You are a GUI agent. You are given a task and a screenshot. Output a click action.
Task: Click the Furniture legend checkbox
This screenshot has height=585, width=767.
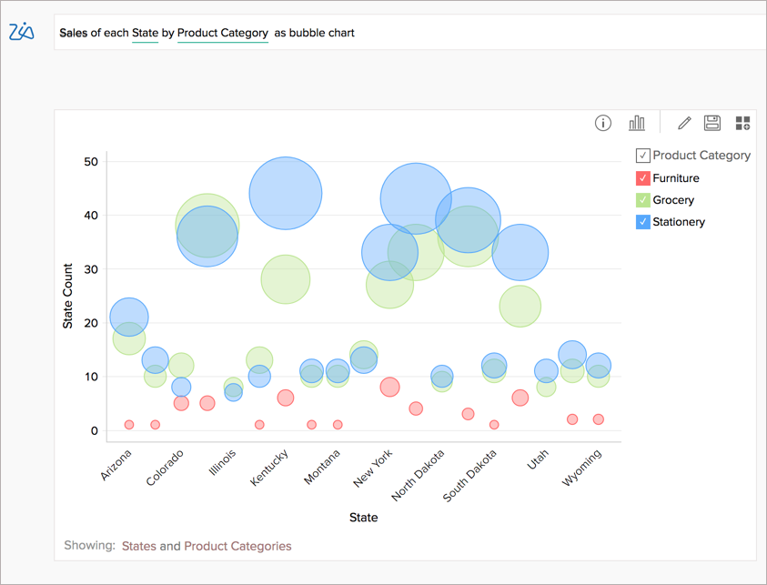642,178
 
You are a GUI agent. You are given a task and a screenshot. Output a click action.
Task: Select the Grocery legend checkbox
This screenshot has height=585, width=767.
642,200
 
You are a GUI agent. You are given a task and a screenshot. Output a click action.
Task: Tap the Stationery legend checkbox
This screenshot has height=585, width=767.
642,222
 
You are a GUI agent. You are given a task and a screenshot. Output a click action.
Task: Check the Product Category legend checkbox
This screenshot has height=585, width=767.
642,156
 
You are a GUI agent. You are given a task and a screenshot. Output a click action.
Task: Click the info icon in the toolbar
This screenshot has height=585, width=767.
602,124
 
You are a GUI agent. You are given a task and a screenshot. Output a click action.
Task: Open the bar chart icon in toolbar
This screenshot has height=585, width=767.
637,124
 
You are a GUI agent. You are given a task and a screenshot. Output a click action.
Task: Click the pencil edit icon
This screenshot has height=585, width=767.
684,124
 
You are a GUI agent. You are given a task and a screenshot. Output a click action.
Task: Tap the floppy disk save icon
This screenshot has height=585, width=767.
712,124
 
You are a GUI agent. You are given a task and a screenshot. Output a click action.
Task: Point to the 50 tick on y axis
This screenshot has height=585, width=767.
90,161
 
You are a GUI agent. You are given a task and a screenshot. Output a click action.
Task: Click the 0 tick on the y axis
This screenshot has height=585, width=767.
94,430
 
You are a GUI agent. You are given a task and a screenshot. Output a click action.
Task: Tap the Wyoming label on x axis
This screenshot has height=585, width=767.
582,468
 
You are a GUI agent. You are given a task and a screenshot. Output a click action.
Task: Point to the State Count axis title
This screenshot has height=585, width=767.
67,296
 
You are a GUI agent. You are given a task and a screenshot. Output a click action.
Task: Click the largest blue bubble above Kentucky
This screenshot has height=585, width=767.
285,193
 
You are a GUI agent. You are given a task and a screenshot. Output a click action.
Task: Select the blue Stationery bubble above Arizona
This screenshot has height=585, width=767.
129,317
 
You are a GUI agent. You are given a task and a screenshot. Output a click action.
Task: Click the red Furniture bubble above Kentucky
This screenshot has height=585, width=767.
285,398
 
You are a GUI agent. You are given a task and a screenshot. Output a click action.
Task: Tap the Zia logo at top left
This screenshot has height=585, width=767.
21,32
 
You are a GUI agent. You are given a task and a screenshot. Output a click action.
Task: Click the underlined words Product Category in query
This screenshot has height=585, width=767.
222,33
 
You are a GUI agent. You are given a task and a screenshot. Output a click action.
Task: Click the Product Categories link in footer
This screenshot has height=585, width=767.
237,546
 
